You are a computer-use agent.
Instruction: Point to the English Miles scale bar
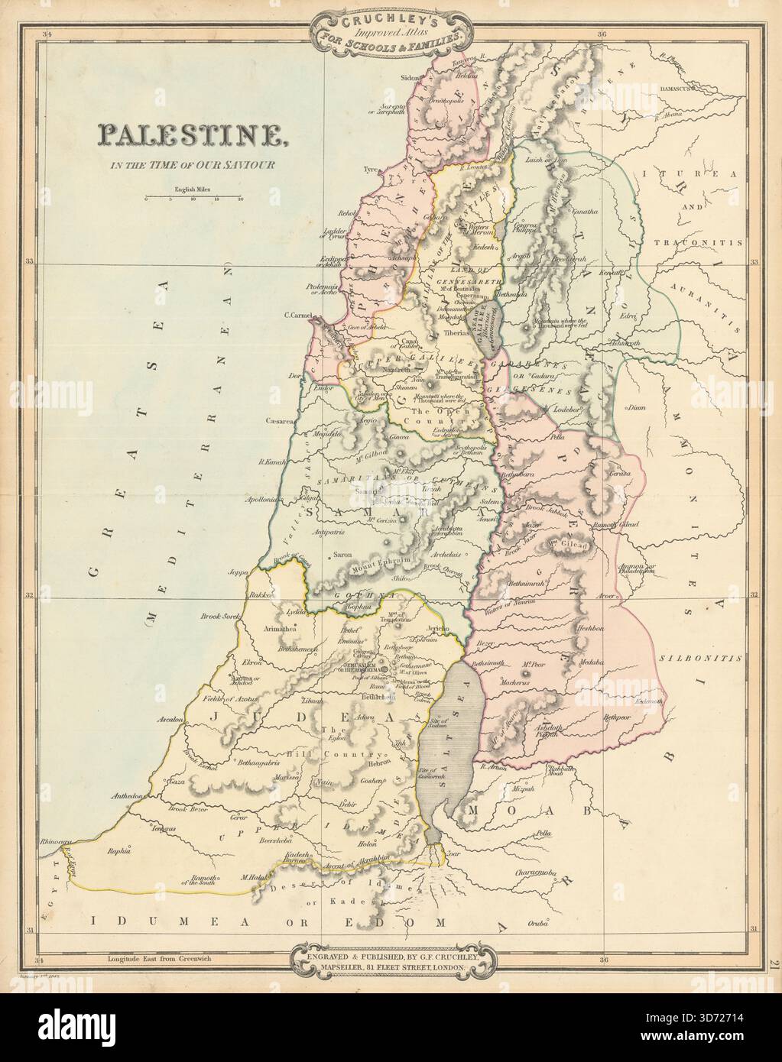pyautogui.click(x=193, y=197)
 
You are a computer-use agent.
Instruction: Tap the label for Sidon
pyautogui.click(x=411, y=78)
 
